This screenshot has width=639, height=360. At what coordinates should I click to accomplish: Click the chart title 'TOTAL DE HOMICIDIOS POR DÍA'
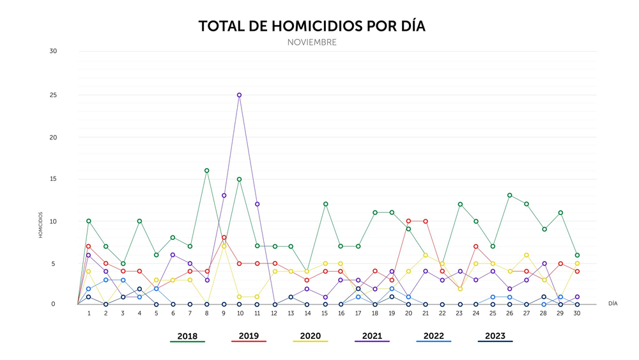point(311,26)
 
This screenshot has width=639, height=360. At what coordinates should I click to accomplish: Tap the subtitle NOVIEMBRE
point(311,43)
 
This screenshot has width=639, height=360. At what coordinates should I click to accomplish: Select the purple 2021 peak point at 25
point(239,95)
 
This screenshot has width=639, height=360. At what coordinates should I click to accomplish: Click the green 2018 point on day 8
point(206,171)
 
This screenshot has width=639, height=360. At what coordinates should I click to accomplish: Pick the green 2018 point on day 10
point(239,179)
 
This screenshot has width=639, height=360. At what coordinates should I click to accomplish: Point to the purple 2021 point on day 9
point(223,196)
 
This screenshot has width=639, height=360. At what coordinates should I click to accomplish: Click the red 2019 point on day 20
point(409,221)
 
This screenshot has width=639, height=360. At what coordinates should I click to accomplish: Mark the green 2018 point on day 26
point(509,196)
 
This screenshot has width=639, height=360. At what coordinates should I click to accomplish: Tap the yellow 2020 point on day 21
point(426,254)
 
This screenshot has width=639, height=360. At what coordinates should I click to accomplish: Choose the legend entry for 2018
point(187,336)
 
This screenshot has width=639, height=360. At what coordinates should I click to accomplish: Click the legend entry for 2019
point(249,336)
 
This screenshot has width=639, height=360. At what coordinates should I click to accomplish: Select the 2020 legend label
point(310,336)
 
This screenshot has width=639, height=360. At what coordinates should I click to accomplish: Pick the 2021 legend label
point(371,336)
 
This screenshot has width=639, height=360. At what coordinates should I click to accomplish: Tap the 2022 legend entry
point(433,336)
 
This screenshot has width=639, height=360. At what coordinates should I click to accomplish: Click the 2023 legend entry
point(495,336)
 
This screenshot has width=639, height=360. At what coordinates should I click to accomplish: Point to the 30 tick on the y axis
point(53,51)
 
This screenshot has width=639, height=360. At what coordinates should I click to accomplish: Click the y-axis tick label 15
point(53,179)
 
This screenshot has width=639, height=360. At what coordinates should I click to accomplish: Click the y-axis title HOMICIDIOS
point(40,225)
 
